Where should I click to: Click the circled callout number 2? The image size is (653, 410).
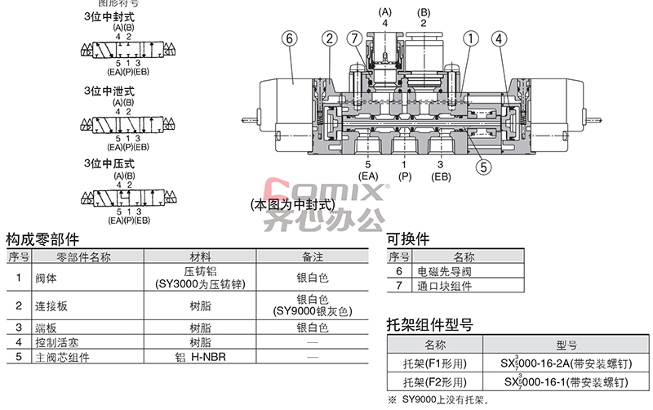(329, 38)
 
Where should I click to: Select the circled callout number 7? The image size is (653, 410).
(353, 38)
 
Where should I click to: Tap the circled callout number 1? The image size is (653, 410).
(471, 38)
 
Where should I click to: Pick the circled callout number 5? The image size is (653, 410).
(483, 167)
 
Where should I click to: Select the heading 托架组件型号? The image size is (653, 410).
(429, 325)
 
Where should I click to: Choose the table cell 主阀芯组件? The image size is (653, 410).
(55, 357)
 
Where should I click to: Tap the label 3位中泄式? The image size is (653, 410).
(109, 90)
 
